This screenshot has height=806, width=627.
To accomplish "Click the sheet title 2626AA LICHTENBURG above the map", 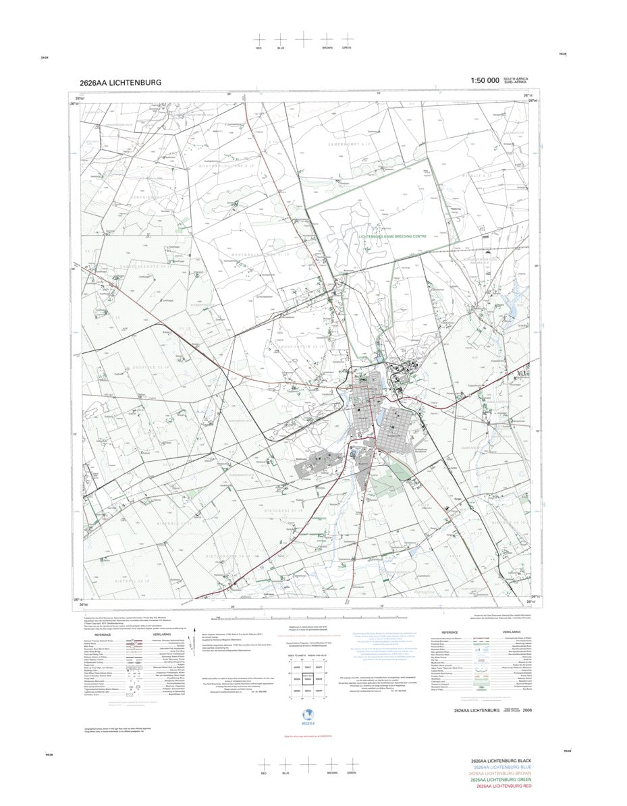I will [120, 82].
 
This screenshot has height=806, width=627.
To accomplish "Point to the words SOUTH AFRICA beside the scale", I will [515, 80].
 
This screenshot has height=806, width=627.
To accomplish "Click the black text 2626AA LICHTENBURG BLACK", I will [503, 761].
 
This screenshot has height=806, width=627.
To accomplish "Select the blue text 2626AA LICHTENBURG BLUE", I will [503, 767].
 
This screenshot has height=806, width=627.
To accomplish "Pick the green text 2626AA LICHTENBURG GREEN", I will [503, 780].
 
